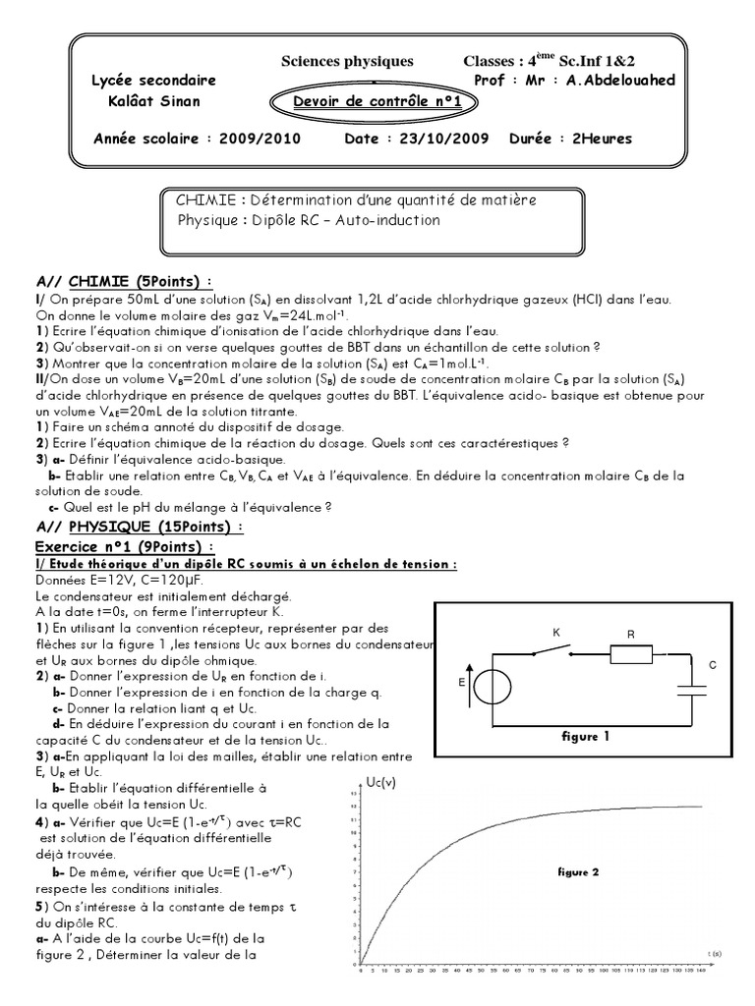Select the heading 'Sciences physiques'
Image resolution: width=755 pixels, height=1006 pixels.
341,61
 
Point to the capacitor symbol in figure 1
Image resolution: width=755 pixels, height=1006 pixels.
694,687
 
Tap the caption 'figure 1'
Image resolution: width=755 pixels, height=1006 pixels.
586,735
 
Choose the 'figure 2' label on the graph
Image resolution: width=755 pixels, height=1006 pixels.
578,871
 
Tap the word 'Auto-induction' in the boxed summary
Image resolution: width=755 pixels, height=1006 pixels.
388,220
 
